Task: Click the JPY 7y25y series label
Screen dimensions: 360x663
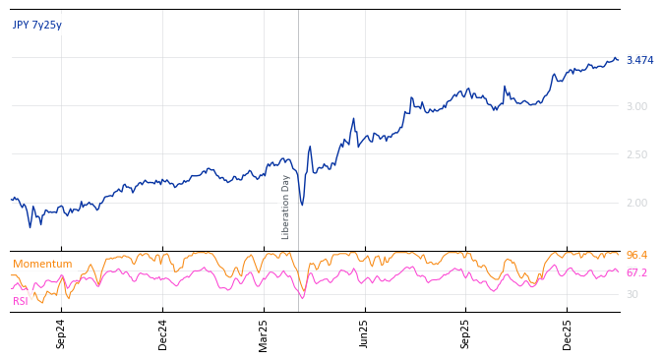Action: coord(37,26)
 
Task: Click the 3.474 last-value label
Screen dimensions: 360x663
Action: coord(639,61)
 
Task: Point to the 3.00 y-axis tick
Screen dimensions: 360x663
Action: coord(636,106)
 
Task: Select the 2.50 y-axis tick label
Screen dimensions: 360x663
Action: coord(636,154)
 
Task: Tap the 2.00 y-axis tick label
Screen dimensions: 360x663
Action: coord(636,203)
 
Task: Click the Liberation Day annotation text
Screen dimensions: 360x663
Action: coord(286,207)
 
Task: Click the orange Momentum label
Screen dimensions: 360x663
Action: coord(42,265)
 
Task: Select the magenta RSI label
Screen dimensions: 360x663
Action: coord(21,302)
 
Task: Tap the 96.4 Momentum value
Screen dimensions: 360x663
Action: coord(636,256)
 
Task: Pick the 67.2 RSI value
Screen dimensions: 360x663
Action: coord(636,273)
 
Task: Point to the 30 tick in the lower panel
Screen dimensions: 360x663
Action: coord(633,294)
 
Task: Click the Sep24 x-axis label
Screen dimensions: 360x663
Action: coord(61,333)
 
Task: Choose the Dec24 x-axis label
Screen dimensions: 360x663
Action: coord(162,333)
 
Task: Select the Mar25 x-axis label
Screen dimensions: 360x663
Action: coord(264,333)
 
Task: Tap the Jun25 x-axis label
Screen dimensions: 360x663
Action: coord(365,333)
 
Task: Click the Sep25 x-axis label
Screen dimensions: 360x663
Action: coord(465,333)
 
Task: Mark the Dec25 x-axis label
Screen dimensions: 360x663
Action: coord(567,333)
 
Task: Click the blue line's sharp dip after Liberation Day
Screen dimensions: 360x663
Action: coord(302,205)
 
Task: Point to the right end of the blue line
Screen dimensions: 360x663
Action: coord(618,60)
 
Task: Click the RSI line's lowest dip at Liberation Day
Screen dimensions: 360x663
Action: coord(302,297)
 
